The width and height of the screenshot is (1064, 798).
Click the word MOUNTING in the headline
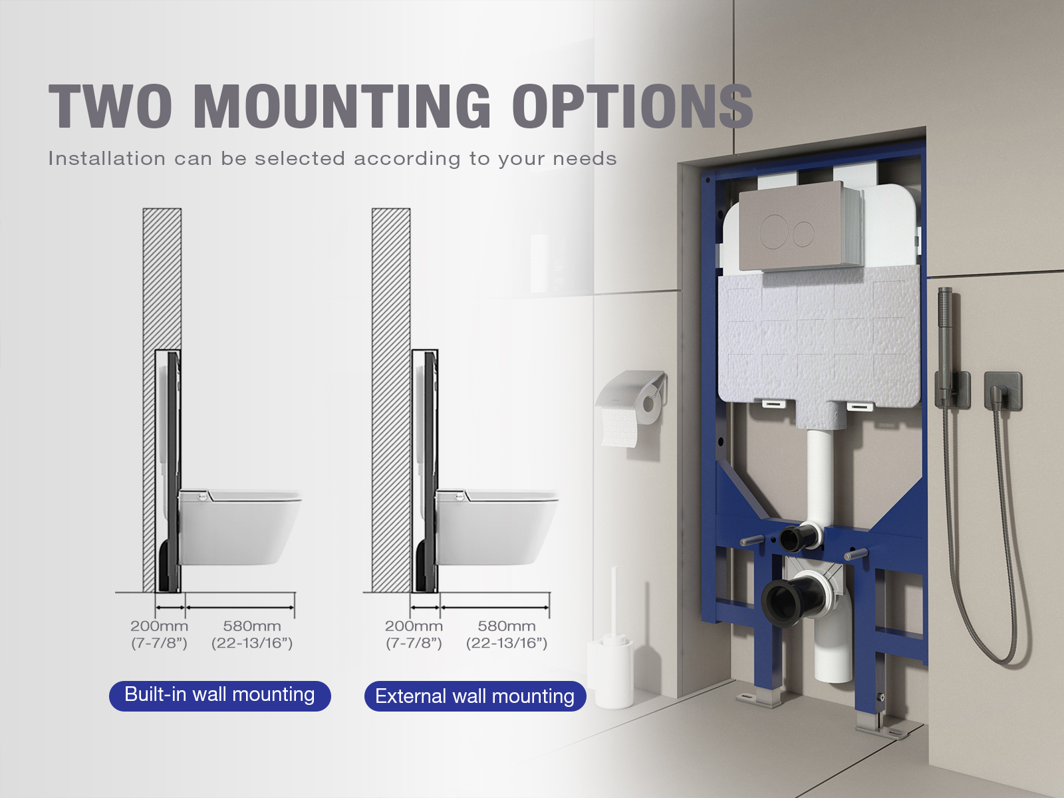pyautogui.click(x=342, y=106)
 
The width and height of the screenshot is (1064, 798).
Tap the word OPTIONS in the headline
pyautogui.click(x=632, y=106)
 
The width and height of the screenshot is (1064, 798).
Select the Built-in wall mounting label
pyautogui.click(x=219, y=696)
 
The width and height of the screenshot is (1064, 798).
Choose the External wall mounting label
pyautogui.click(x=475, y=696)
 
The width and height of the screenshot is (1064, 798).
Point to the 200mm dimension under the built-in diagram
pyautogui.click(x=159, y=626)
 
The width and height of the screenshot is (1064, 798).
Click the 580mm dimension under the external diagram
pyautogui.click(x=507, y=626)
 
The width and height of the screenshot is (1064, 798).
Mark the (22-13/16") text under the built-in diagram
pyautogui.click(x=252, y=643)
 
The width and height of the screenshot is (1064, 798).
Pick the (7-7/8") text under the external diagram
pyautogui.click(x=414, y=643)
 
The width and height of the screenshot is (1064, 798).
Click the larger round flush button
pyautogui.click(x=773, y=231)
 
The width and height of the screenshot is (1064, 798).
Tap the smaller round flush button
pyautogui.click(x=803, y=233)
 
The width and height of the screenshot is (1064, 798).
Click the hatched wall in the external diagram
pyautogui.click(x=391, y=400)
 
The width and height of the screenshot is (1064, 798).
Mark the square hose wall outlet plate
pyautogui.click(x=1002, y=391)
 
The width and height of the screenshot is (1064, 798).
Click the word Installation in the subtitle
pyautogui.click(x=107, y=158)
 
